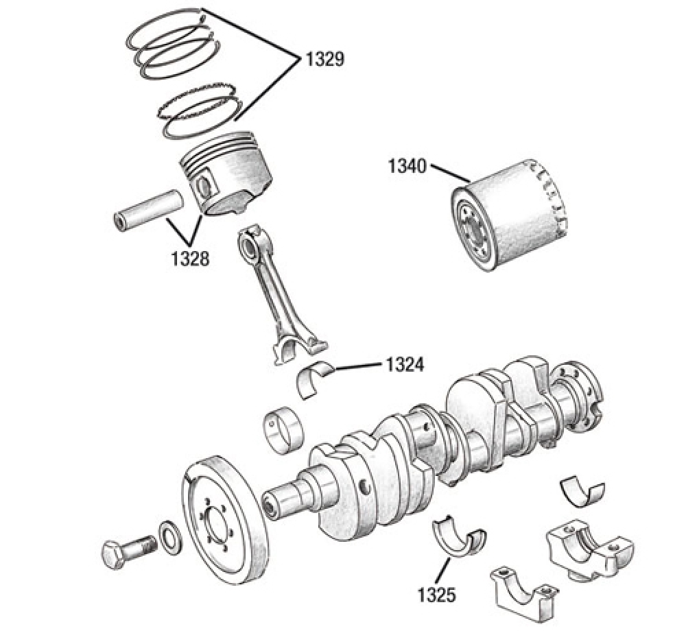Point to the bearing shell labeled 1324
point(315,381)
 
